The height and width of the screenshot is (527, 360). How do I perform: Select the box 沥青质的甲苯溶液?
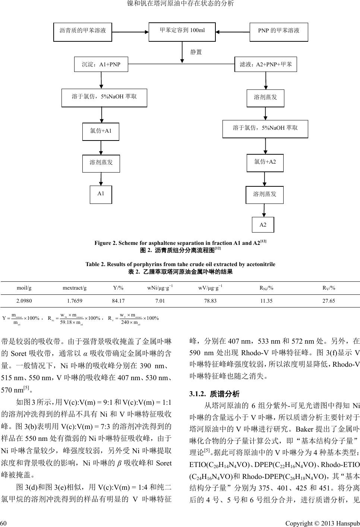[83, 31]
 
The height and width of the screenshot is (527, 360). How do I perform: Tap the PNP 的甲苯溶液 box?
[278, 31]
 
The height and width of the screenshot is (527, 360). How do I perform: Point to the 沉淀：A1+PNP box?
[101, 64]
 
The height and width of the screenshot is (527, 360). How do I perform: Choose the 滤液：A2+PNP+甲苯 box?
[266, 64]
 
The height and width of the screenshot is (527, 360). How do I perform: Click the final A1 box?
[101, 194]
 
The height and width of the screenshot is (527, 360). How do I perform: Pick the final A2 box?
[263, 225]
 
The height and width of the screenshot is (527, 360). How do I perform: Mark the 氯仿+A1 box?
[101, 131]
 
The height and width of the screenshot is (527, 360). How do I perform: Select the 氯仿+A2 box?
[265, 162]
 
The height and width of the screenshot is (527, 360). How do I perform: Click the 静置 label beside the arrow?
[196, 52]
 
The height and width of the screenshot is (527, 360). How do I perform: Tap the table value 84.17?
[118, 300]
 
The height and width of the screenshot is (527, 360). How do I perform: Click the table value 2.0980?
[24, 300]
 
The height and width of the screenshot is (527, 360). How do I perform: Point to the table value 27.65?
[328, 300]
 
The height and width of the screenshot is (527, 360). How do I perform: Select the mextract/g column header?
[75, 288]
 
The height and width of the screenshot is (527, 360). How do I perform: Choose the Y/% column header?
[118, 288]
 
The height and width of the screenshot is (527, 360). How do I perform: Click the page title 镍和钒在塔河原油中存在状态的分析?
[180, 4]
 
